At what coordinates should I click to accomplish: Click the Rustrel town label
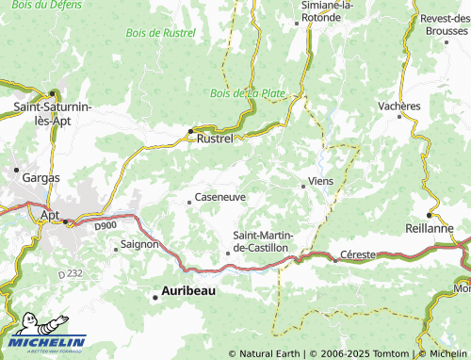216,139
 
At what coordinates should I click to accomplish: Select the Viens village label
320,179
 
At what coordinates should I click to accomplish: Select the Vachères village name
399,106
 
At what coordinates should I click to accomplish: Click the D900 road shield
104,226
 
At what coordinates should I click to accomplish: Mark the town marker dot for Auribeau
155,298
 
